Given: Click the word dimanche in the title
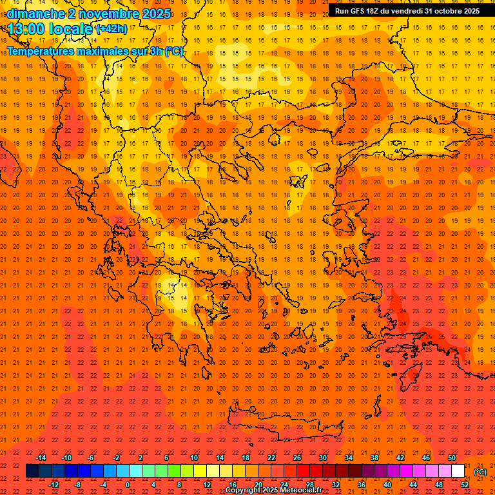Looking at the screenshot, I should coord(36,14).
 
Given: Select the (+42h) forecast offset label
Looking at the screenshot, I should coord(112,29).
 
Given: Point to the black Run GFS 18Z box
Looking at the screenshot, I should coord(407,10).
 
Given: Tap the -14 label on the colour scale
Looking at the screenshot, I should coord(41,458).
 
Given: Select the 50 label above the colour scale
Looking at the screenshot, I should coord(452,458).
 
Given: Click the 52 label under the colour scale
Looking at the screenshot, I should coord(464,485).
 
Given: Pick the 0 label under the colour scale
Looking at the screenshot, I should coord(128,485).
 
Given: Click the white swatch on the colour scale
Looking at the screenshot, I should coord(458,471).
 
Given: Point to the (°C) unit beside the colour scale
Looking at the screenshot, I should coord(480,472).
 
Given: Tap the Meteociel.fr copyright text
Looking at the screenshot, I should coord(274,490).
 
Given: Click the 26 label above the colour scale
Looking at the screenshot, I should coord(297,458).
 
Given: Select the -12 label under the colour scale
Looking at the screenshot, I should coord(54,485).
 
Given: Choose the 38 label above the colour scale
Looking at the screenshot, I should coord(374,458).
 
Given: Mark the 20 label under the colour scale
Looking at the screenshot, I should coord(258,485).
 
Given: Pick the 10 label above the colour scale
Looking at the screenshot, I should coord(193,458).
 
